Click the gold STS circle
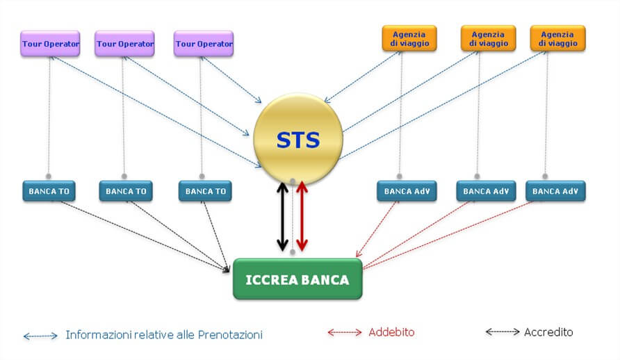click(297, 139)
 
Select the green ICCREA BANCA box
click(297, 279)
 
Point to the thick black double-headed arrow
click(282, 217)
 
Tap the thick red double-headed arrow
click(302, 217)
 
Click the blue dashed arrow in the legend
click(40, 336)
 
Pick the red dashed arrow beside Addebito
click(344, 333)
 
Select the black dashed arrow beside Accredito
click(502, 332)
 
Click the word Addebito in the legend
click(391, 332)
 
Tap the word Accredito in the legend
click(548, 332)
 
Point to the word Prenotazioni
click(230, 335)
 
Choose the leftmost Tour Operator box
click(50, 44)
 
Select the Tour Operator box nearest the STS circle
click(204, 44)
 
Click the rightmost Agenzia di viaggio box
click(557, 38)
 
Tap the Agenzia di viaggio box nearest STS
click(409, 38)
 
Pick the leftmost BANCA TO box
click(49, 191)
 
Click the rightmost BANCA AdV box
click(555, 191)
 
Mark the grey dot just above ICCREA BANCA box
click(293, 252)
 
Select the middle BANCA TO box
click(126, 191)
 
